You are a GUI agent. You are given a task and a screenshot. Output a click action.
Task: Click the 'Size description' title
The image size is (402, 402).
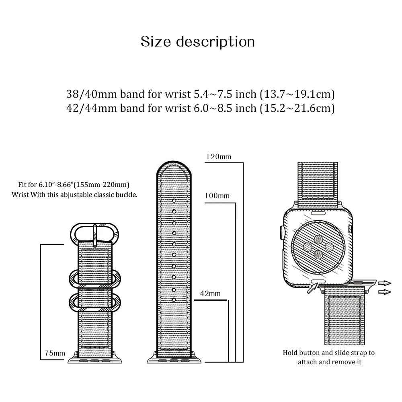coord(198,42)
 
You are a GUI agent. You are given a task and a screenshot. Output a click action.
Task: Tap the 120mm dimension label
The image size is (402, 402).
coord(218,157)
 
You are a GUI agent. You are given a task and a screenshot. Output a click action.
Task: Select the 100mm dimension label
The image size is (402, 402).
coord(217,196)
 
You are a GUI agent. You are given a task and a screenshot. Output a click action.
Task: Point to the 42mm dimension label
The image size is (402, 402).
coord(210,293)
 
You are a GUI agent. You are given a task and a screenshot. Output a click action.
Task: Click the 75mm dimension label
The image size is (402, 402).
coord(55,353)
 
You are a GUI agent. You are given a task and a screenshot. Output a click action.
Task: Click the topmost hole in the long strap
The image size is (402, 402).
coord(174,200)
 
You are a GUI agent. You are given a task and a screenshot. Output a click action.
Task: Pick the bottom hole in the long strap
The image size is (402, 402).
coord(174,300)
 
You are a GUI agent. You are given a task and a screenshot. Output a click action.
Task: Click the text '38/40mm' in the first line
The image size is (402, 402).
coord(85,94)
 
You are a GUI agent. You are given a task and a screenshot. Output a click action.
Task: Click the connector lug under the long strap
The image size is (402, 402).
coord(174,357)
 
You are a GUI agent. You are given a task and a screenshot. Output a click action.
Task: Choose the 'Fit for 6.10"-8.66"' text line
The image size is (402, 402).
coord(74,185)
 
